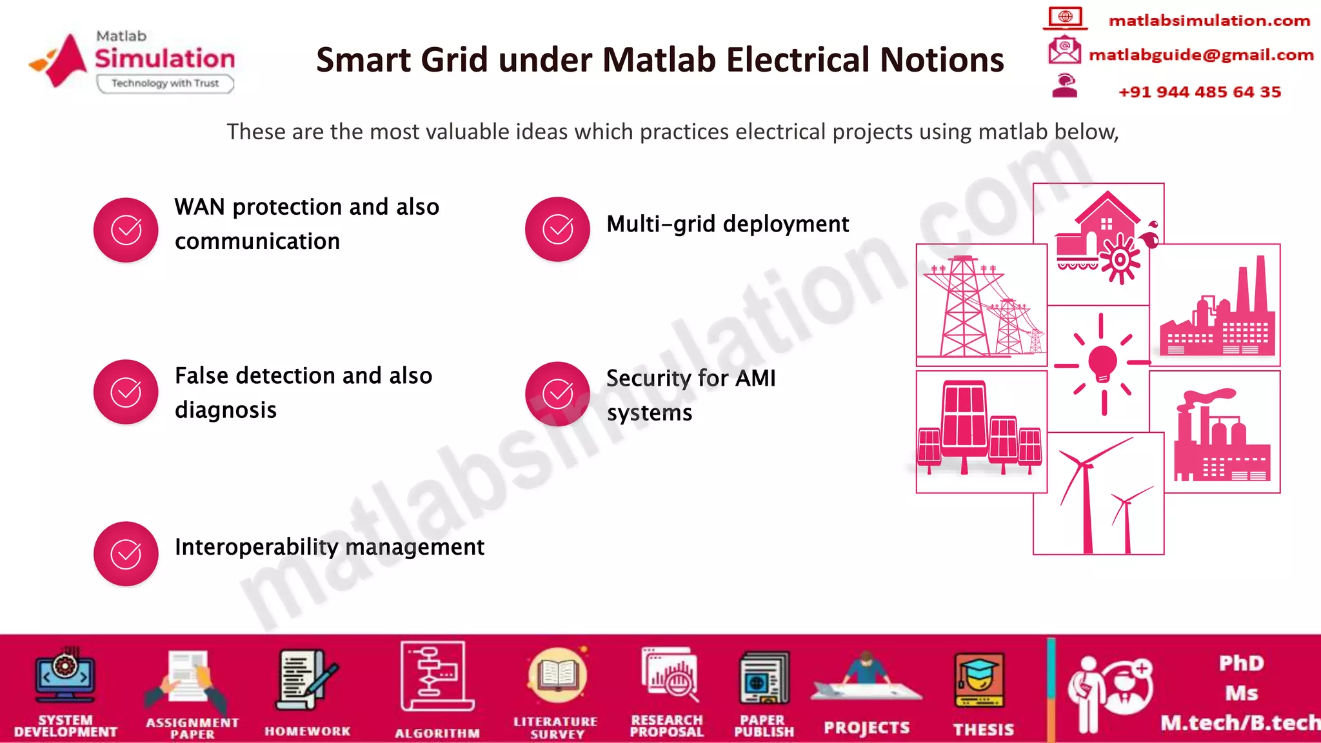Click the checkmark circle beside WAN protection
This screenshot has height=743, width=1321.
126,230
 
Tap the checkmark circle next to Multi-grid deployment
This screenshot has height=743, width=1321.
557,229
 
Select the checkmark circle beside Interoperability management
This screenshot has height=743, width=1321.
126,553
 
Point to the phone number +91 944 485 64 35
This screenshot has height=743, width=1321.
1200,92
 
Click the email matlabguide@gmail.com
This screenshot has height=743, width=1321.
1201,55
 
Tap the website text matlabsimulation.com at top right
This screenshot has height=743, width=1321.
1209,21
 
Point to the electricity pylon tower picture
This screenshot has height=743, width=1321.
964,306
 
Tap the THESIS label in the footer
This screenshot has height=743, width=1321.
984,729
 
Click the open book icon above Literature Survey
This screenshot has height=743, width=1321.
557,676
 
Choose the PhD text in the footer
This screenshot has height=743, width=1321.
1241,663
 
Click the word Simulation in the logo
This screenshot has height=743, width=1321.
165,59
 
